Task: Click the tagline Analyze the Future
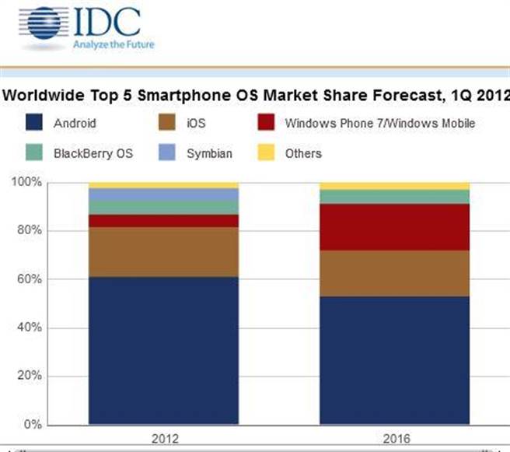pyautogui.click(x=114, y=44)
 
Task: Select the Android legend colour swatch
pyautogui.click(x=33, y=123)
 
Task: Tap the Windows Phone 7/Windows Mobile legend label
pyautogui.click(x=379, y=123)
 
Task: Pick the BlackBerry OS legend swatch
pyautogui.click(x=33, y=152)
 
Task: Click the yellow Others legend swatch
pyautogui.click(x=264, y=152)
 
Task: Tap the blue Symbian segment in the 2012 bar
pyautogui.click(x=163, y=194)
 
